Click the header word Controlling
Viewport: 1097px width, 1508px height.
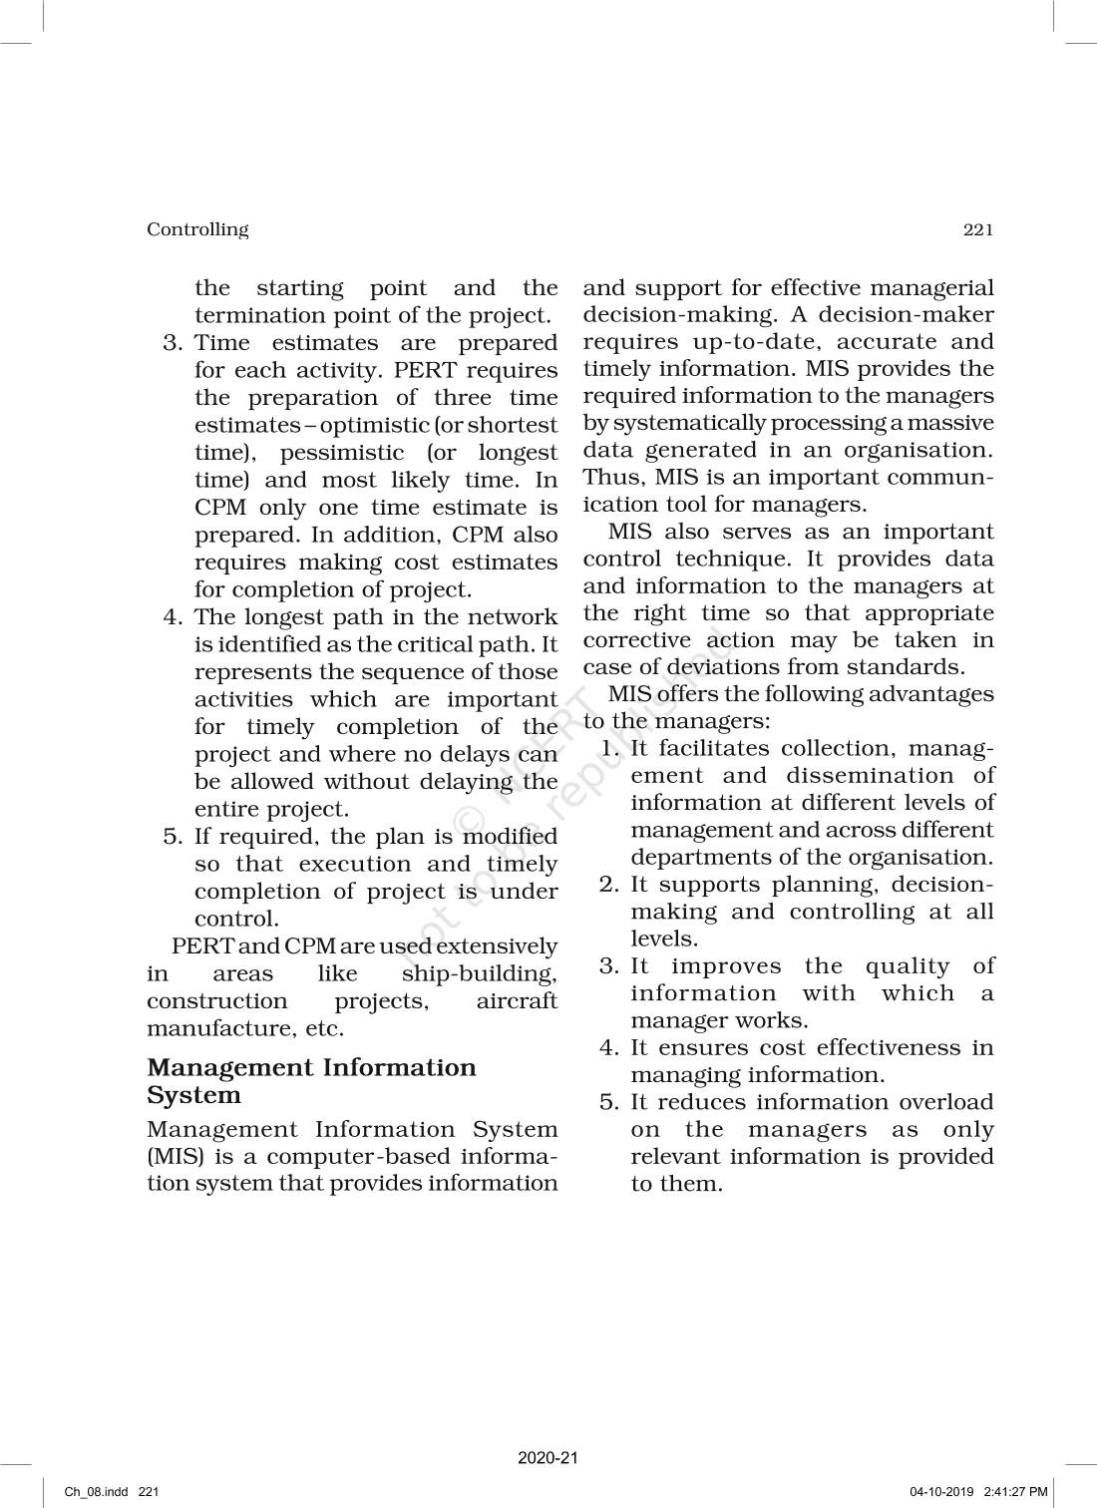click(x=197, y=229)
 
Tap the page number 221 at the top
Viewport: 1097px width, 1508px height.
click(x=978, y=229)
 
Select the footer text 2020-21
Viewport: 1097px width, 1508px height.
click(x=548, y=1458)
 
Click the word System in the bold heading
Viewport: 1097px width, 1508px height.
click(x=194, y=1095)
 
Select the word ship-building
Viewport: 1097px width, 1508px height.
click(x=479, y=974)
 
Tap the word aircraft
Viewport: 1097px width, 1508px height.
click(x=517, y=1001)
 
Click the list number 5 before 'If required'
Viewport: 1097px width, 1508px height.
click(x=171, y=837)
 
